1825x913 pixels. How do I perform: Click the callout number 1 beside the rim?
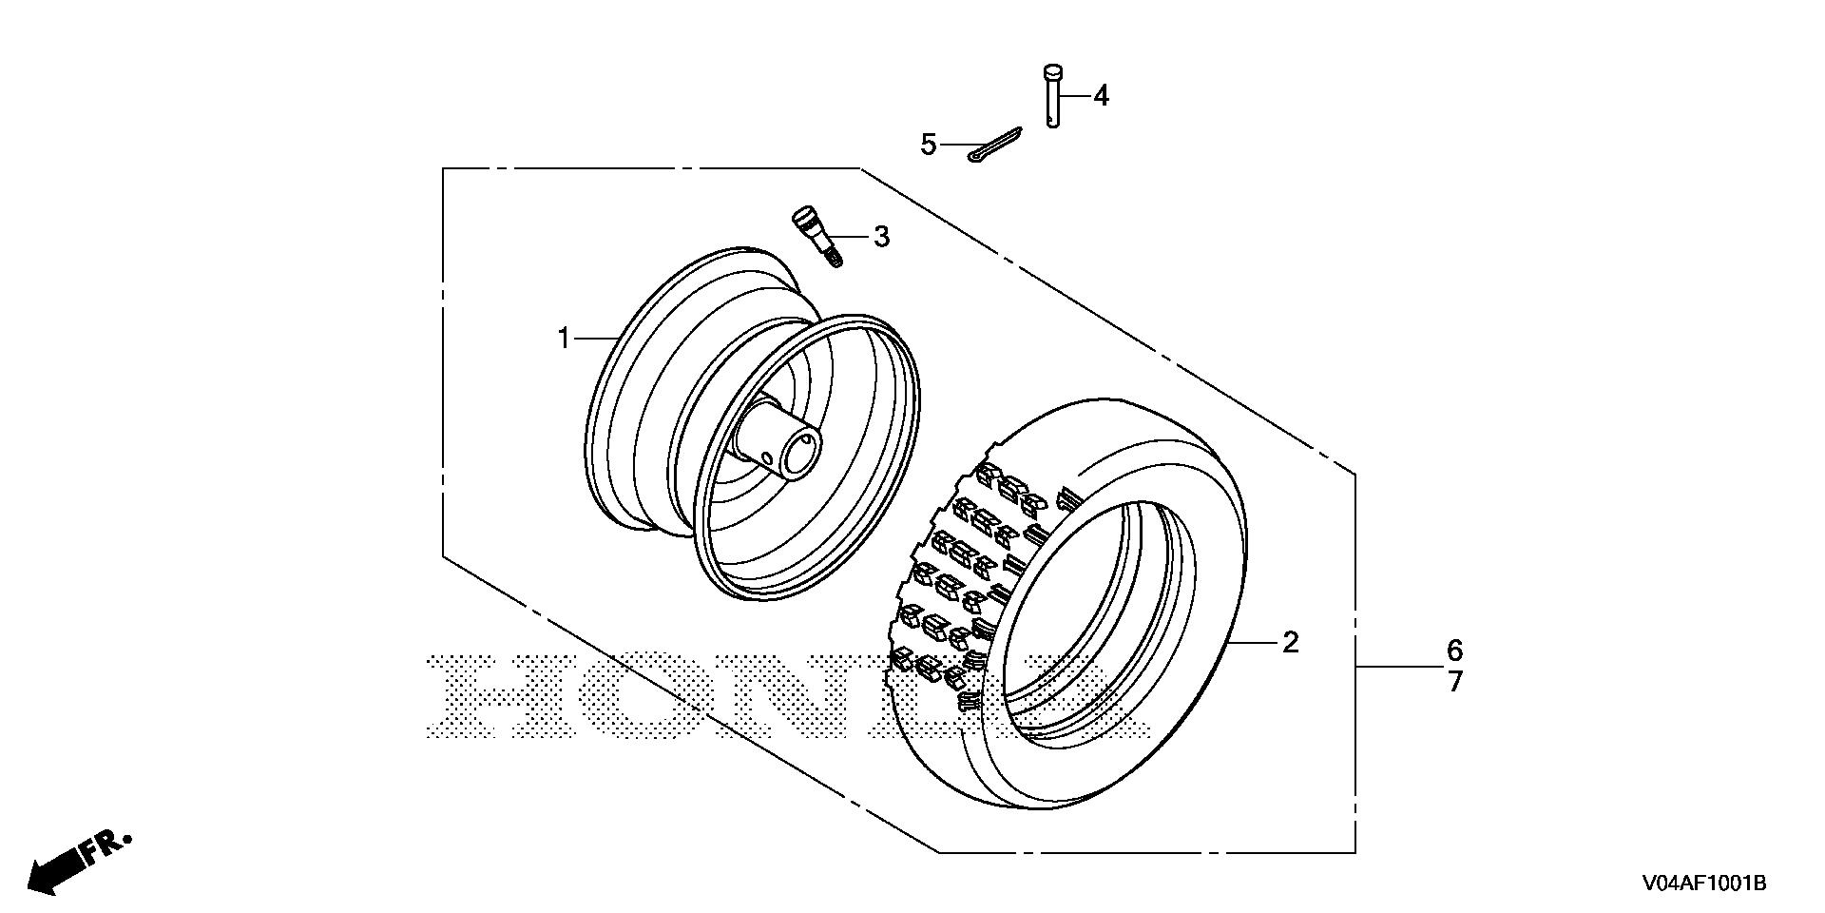click(x=564, y=338)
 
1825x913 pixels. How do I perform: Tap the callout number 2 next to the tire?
click(x=1290, y=643)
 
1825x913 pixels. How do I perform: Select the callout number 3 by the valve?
click(x=882, y=237)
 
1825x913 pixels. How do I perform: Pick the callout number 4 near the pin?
click(x=1101, y=95)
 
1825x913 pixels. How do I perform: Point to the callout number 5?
click(x=929, y=146)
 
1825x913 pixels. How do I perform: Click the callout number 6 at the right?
click(x=1455, y=651)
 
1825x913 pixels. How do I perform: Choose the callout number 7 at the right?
click(x=1455, y=682)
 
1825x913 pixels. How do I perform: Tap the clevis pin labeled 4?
click(x=1052, y=95)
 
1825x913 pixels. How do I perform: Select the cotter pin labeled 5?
click(x=994, y=145)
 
